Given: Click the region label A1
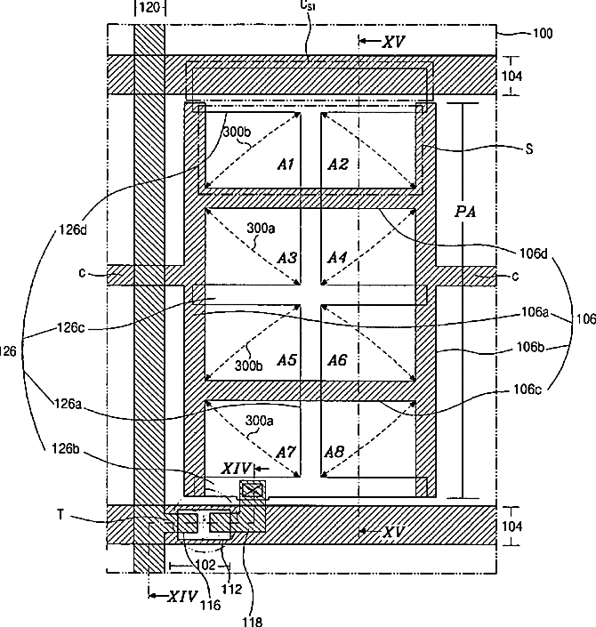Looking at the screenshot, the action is pyautogui.click(x=286, y=164).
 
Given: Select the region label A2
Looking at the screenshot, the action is pyautogui.click(x=338, y=164).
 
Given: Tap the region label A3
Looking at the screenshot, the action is pyautogui.click(x=287, y=258).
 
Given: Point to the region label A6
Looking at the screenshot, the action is pyautogui.click(x=337, y=360).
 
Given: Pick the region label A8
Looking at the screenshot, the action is pyautogui.click(x=334, y=453).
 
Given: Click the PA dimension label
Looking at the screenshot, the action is pyautogui.click(x=465, y=212).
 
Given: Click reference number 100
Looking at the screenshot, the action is pyautogui.click(x=543, y=33).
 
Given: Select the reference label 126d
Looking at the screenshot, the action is pyautogui.click(x=73, y=230).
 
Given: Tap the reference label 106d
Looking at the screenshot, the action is pyautogui.click(x=533, y=253).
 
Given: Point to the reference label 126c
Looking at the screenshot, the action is pyautogui.click(x=71, y=328).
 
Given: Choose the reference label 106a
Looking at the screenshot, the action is pyautogui.click(x=535, y=312).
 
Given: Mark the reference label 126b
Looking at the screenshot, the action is pyautogui.click(x=66, y=449).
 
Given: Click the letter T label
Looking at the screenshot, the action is pyautogui.click(x=60, y=514).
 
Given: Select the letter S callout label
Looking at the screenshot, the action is pyautogui.click(x=529, y=149).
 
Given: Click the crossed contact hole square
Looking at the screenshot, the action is pyautogui.click(x=253, y=490).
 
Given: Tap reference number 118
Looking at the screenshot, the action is pyautogui.click(x=253, y=622).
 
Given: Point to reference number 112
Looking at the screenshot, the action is pyautogui.click(x=232, y=590).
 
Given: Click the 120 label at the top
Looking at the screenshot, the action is pyautogui.click(x=150, y=7).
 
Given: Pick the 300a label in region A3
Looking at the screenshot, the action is pyautogui.click(x=261, y=229).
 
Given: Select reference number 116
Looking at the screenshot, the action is pyautogui.click(x=211, y=606).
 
